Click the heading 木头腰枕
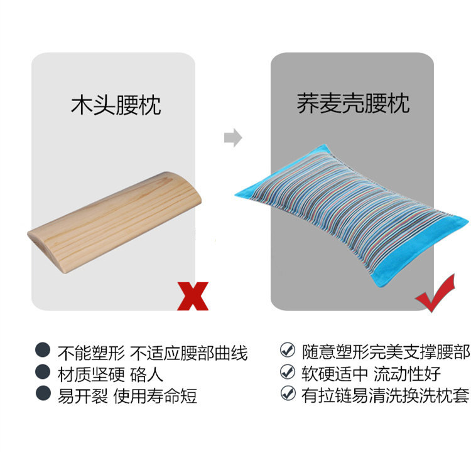(x=116, y=105)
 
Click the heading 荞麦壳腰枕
(x=353, y=103)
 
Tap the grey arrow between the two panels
(x=233, y=138)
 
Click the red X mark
(x=193, y=296)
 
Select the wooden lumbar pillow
(x=114, y=222)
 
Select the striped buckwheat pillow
(x=352, y=215)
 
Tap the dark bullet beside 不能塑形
(x=43, y=350)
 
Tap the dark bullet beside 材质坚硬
(x=43, y=372)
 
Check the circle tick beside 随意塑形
(x=288, y=350)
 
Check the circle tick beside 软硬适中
(x=288, y=372)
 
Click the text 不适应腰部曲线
(x=189, y=353)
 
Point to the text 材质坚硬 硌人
(x=111, y=374)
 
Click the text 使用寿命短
(x=155, y=396)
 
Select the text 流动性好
(x=408, y=374)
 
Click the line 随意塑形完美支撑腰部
(x=386, y=352)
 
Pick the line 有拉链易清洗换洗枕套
(x=386, y=395)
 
